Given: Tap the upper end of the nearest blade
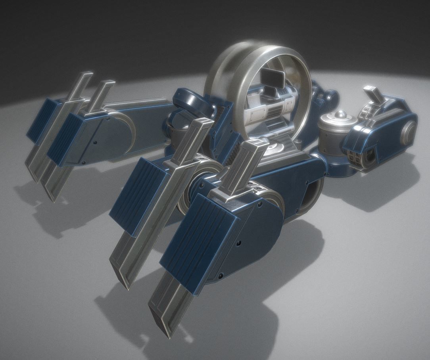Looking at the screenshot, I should pos(254,146).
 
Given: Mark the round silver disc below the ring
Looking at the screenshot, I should pos(273,150).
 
